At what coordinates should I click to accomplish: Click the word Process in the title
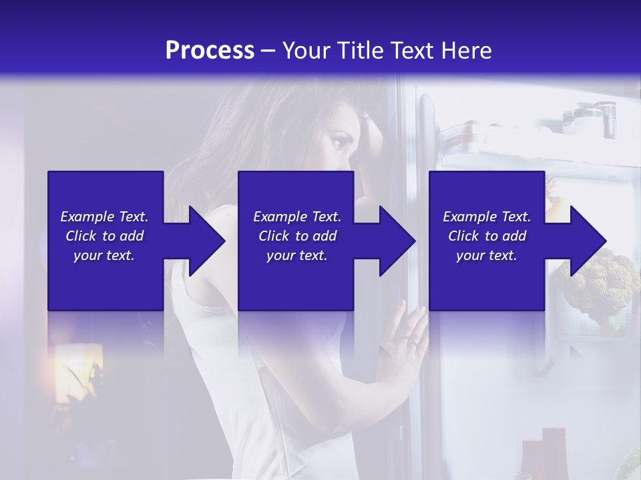210,51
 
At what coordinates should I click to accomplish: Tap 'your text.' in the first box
104,255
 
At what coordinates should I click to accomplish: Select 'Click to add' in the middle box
297,236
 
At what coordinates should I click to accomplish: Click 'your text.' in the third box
487,255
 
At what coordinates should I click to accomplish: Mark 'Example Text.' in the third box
487,217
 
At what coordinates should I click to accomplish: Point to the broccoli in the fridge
598,280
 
